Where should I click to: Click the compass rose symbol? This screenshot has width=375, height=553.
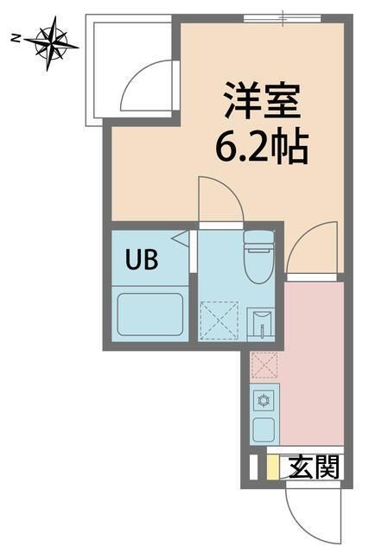pos(52,44)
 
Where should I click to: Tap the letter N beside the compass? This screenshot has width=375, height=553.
pos(15,38)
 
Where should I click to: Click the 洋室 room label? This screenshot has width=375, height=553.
pos(263,100)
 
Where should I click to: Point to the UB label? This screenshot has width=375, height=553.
pos(142,259)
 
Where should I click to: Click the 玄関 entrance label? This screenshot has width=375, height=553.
pos(315,467)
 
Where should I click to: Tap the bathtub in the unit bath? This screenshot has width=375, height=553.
pos(150,315)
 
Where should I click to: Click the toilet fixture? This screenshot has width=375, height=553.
pos(259,257)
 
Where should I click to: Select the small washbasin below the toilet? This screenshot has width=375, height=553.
pos(260,325)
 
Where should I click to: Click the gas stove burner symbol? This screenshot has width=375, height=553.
pos(264,401)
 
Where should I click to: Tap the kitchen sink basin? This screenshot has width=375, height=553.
pos(264,430)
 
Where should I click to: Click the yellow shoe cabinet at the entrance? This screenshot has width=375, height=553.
pos(272,467)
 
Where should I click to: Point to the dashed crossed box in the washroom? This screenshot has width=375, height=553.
pos(219,321)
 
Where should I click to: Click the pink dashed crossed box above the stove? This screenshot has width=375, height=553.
pos(264,365)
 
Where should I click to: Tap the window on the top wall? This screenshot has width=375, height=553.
pos(283,18)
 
